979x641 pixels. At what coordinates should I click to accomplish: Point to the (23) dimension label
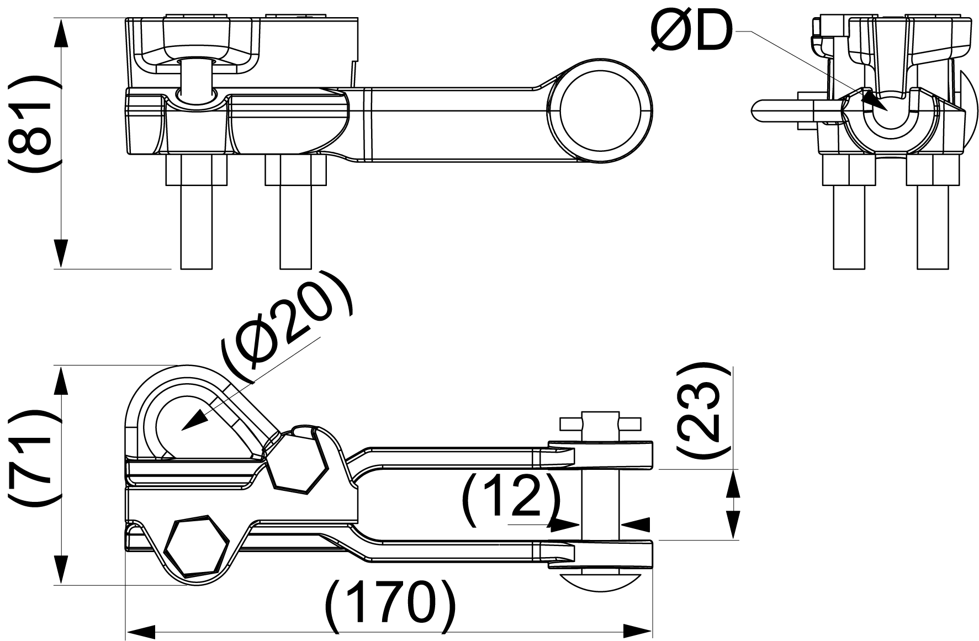pos(700,410)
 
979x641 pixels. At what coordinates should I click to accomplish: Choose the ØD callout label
pos(691,31)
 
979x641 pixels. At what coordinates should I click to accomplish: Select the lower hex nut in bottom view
pos(197,548)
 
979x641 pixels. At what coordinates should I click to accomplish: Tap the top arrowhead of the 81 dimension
pos(61,33)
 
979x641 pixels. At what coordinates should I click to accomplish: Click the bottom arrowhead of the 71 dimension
pos(61,570)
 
